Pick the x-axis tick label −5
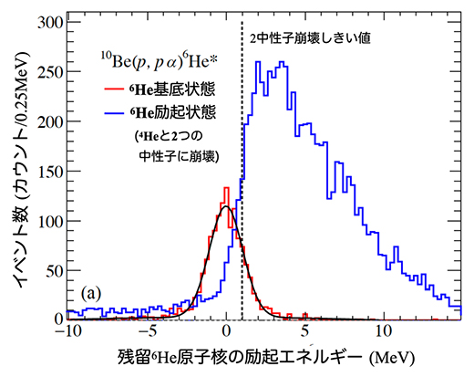(x=146, y=332)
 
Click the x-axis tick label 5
(x=307, y=332)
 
